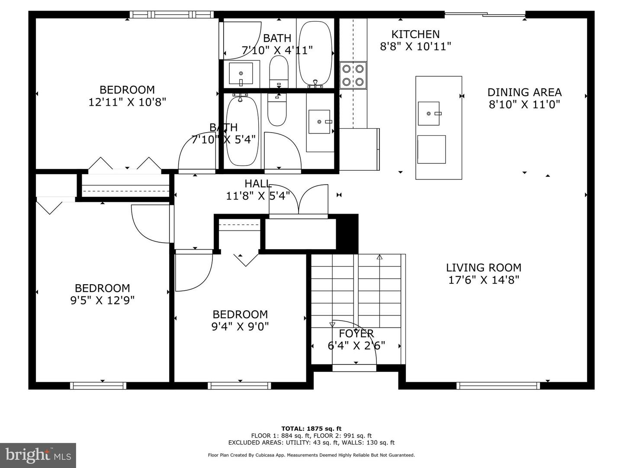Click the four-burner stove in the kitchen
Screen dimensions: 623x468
coord(353,75)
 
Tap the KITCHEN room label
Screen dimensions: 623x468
coord(415,34)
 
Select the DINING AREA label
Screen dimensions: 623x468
coord(524,92)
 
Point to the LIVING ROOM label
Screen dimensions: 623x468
coord(484,268)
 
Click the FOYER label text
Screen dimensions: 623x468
coord(356,333)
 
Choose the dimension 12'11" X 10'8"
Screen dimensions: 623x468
coord(127,102)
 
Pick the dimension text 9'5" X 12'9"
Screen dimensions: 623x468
coord(102,300)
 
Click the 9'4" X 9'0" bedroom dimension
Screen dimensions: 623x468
coord(240,326)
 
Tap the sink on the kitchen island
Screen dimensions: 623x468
coord(429,114)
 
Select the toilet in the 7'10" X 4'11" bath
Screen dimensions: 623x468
coord(279,71)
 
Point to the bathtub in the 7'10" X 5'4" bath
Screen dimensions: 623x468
coord(243,131)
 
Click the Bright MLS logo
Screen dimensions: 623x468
coord(38,455)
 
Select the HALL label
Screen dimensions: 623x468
coord(258,184)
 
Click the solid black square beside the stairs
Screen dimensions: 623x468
coord(347,234)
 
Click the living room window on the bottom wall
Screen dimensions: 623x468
coord(498,386)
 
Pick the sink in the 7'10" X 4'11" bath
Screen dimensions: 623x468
coord(241,73)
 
